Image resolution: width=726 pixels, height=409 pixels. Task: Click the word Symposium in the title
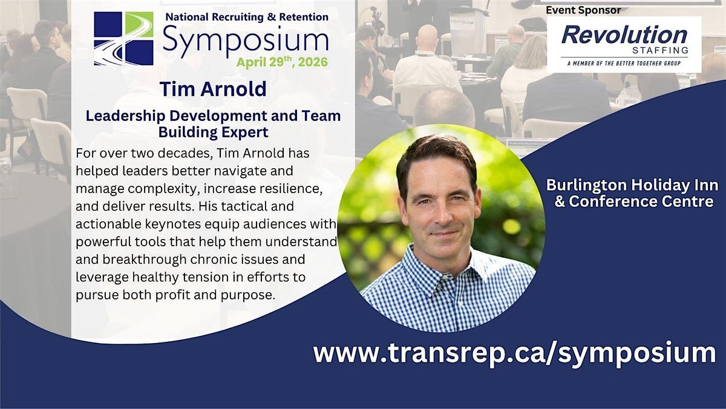(245, 40)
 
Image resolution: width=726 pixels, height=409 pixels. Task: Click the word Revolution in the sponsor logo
(624, 34)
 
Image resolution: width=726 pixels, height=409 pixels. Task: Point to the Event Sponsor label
(583, 10)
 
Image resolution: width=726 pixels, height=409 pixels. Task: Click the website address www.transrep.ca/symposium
(514, 352)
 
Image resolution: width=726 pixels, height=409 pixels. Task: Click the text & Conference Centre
(634, 201)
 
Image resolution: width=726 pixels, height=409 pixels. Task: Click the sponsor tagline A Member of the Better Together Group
(624, 63)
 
